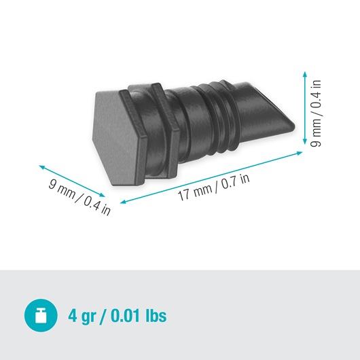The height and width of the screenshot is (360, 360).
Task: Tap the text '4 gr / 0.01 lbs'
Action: pyautogui.click(x=118, y=315)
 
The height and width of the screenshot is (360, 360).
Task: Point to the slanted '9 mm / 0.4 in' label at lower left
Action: pyautogui.click(x=79, y=196)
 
